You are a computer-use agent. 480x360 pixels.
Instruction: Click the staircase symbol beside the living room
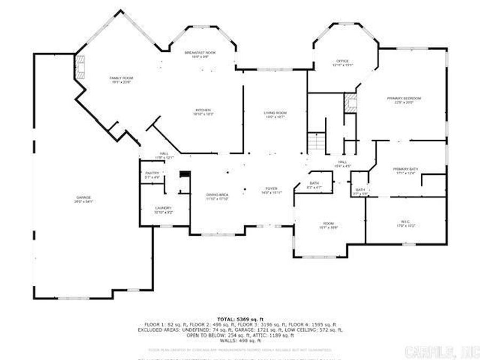pos(316,142)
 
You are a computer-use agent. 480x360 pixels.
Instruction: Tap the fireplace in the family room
pos(81,67)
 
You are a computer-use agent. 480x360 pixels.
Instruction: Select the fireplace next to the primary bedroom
pos(350,102)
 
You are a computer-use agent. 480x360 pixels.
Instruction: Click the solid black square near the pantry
pos(185,175)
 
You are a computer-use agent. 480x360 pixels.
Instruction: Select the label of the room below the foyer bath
pos(327,225)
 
